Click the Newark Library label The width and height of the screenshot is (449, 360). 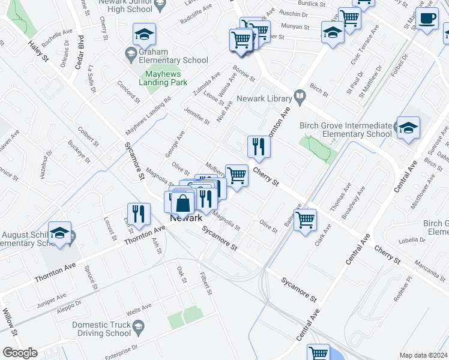(x=266, y=98)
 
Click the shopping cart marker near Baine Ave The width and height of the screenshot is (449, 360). (x=306, y=220)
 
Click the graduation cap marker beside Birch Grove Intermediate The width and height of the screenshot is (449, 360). (x=408, y=128)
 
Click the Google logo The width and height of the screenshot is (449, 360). (x=20, y=353)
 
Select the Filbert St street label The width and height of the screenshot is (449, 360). (x=206, y=284)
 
